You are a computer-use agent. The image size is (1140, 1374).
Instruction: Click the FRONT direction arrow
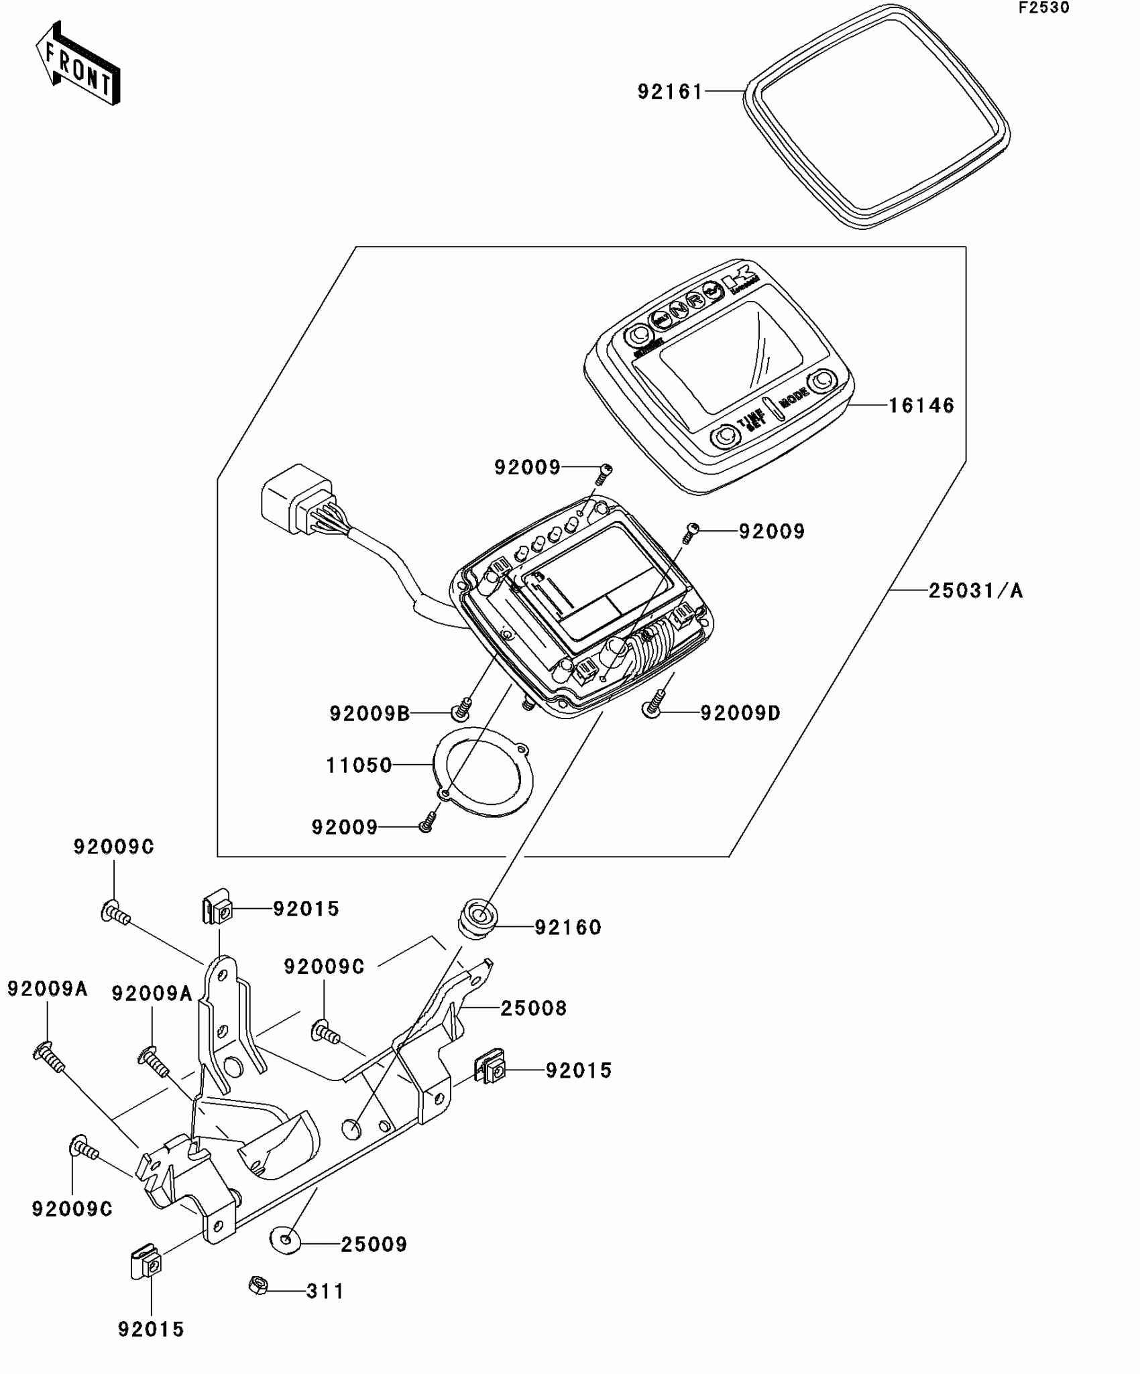tap(78, 64)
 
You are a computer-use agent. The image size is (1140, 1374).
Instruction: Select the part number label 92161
tap(670, 92)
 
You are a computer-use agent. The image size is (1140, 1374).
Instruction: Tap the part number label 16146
tap(921, 405)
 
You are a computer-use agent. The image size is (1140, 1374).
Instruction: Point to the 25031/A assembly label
tap(976, 590)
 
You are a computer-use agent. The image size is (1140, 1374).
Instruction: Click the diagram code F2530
tap(1043, 8)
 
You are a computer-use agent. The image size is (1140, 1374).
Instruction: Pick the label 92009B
tap(369, 714)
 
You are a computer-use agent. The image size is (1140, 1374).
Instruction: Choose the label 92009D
tap(740, 713)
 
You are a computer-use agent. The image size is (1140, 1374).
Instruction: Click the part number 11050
tap(359, 765)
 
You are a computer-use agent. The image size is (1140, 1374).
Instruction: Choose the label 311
tap(325, 1291)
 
